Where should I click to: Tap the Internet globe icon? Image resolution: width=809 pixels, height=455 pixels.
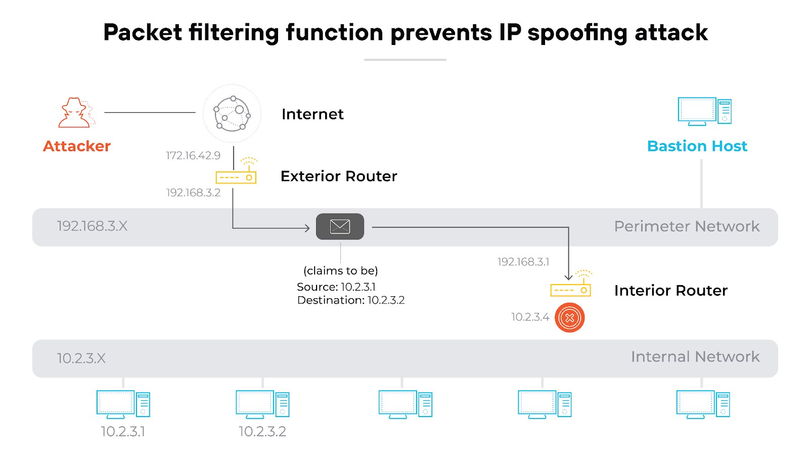[232, 114]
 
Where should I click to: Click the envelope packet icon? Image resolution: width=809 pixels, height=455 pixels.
[340, 226]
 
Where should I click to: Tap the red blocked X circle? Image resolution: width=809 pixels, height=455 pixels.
[570, 317]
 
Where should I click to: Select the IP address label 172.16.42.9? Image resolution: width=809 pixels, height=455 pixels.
[193, 156]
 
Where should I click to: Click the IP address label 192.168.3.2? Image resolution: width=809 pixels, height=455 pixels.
[193, 193]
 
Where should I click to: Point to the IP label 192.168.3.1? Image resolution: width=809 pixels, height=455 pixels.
[523, 262]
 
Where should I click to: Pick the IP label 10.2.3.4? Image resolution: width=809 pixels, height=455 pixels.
[530, 317]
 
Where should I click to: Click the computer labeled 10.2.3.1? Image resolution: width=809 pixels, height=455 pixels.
[123, 404]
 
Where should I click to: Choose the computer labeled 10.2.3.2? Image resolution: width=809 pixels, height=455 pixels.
[262, 404]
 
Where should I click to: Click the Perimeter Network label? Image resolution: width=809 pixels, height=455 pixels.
[687, 226]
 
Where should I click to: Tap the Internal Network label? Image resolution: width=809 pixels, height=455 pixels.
[695, 357]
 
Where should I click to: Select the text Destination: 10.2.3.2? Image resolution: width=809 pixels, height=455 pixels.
[351, 300]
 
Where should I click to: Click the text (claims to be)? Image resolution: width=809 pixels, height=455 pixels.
[341, 271]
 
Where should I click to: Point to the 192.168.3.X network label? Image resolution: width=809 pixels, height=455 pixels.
[92, 226]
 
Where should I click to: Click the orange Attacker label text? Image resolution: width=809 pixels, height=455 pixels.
[77, 146]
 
